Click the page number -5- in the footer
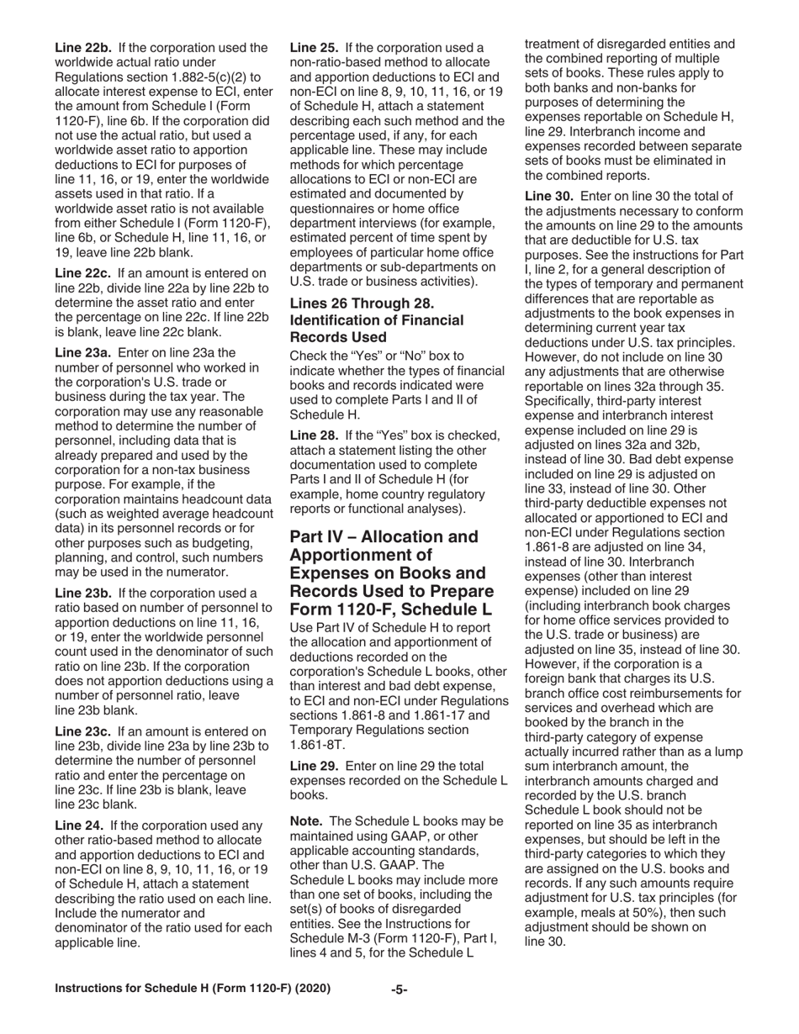tap(399, 989)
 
